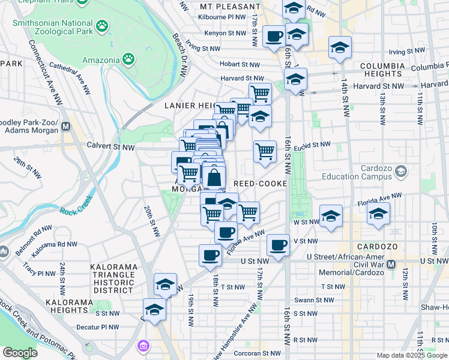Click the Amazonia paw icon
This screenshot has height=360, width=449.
point(128,59)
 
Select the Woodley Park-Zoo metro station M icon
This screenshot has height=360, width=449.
point(65,127)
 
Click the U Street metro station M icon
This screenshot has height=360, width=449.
point(391,265)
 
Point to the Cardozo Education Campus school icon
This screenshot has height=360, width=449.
point(400,172)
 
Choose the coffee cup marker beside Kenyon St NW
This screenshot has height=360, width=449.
point(274,37)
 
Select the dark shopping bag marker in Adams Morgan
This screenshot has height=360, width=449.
point(214,178)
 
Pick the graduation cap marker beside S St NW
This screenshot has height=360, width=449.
point(154,310)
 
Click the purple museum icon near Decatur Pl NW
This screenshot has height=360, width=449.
point(143,347)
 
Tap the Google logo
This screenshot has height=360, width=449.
point(20,353)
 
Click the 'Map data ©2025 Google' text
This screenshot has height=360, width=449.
point(412,355)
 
